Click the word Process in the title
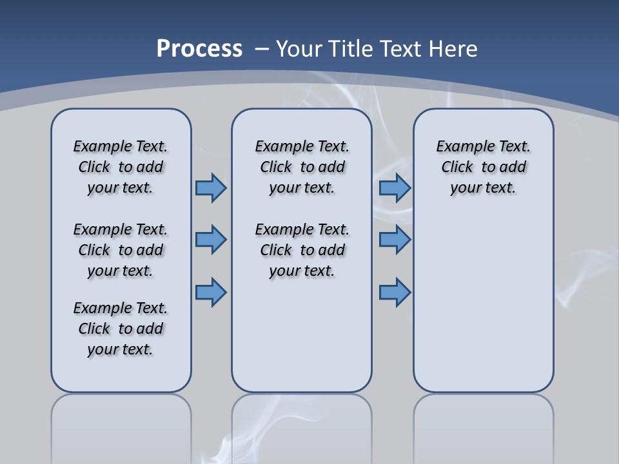(199, 48)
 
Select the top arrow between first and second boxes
(211, 188)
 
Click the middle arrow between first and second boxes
(211, 240)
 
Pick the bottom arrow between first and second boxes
(211, 292)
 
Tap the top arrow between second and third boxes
(395, 188)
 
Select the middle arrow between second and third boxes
(395, 240)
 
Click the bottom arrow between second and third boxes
(395, 292)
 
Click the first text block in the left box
(121, 167)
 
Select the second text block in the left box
(121, 250)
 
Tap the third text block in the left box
(121, 329)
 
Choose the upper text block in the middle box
(302, 167)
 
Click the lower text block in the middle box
(302, 250)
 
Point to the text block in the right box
(484, 167)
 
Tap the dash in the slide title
(262, 48)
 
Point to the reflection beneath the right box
(484, 425)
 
